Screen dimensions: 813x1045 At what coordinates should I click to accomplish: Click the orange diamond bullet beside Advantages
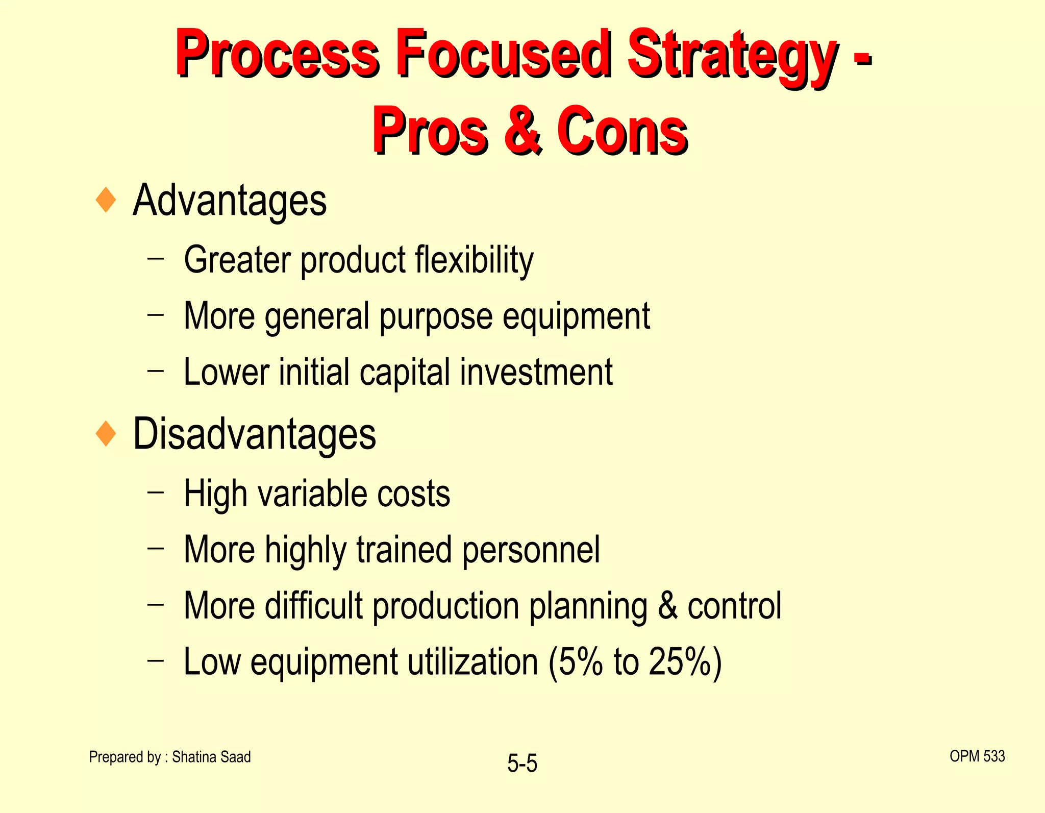(x=106, y=200)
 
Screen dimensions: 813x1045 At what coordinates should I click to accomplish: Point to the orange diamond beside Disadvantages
(x=106, y=434)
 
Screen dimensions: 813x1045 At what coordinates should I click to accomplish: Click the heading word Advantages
(x=230, y=201)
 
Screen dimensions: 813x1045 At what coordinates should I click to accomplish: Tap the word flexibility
(x=474, y=260)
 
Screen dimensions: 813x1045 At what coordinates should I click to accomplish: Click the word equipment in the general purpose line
(x=576, y=316)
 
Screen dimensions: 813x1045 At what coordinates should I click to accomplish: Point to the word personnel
(x=531, y=550)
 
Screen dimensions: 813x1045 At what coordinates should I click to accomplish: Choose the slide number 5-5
(x=522, y=764)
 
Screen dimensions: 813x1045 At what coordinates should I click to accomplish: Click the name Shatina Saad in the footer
(x=211, y=757)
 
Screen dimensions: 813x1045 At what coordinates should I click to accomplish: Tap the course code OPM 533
(x=977, y=756)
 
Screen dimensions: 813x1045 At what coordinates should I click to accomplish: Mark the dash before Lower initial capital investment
(x=156, y=371)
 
